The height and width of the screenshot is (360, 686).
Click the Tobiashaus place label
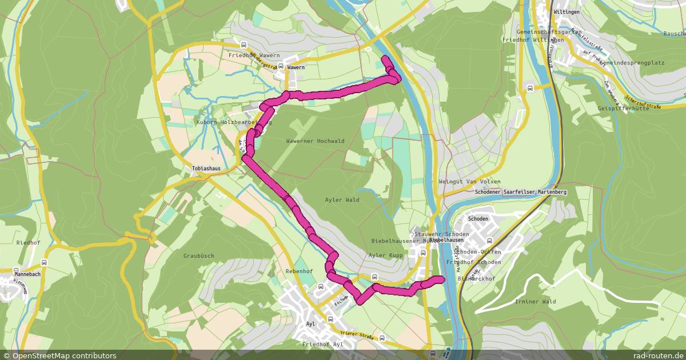[206, 169]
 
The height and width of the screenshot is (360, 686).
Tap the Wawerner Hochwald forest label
[315, 141]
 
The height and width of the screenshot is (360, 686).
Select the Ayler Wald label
[342, 200]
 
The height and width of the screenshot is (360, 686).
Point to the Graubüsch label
[198, 256]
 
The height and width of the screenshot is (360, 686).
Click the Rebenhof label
[299, 271]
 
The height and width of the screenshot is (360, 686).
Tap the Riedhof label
[28, 242]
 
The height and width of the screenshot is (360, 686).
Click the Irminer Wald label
[535, 301]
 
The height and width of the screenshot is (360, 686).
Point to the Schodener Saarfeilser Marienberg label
[520, 193]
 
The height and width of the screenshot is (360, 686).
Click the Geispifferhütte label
[623, 109]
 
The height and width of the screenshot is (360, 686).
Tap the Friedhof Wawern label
[254, 55]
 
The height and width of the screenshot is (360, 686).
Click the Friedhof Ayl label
[322, 345]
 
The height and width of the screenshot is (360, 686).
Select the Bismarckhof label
[476, 278]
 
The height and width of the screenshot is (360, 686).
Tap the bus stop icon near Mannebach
[45, 263]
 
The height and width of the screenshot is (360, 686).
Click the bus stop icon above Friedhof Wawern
[244, 45]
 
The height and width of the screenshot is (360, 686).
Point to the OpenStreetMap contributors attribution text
[58, 355]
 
